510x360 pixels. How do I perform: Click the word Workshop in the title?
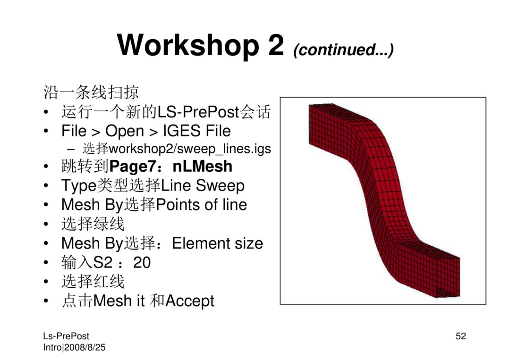click(x=188, y=45)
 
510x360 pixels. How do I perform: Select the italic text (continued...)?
click(x=343, y=50)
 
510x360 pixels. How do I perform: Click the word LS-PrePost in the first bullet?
click(x=198, y=112)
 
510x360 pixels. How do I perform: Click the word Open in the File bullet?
click(x=124, y=132)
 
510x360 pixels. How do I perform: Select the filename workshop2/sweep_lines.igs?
click(x=190, y=149)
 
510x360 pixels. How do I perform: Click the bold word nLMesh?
click(x=202, y=167)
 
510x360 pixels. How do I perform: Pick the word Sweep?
click(x=220, y=186)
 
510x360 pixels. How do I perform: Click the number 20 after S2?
click(x=142, y=262)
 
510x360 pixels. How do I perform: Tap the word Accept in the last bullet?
click(x=190, y=301)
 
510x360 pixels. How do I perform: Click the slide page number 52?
click(x=460, y=336)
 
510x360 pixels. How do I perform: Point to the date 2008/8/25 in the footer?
click(x=85, y=348)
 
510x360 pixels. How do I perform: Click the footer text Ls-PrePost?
click(x=66, y=336)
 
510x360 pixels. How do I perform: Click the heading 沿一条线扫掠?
click(x=91, y=92)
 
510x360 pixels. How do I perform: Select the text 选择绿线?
click(x=93, y=224)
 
